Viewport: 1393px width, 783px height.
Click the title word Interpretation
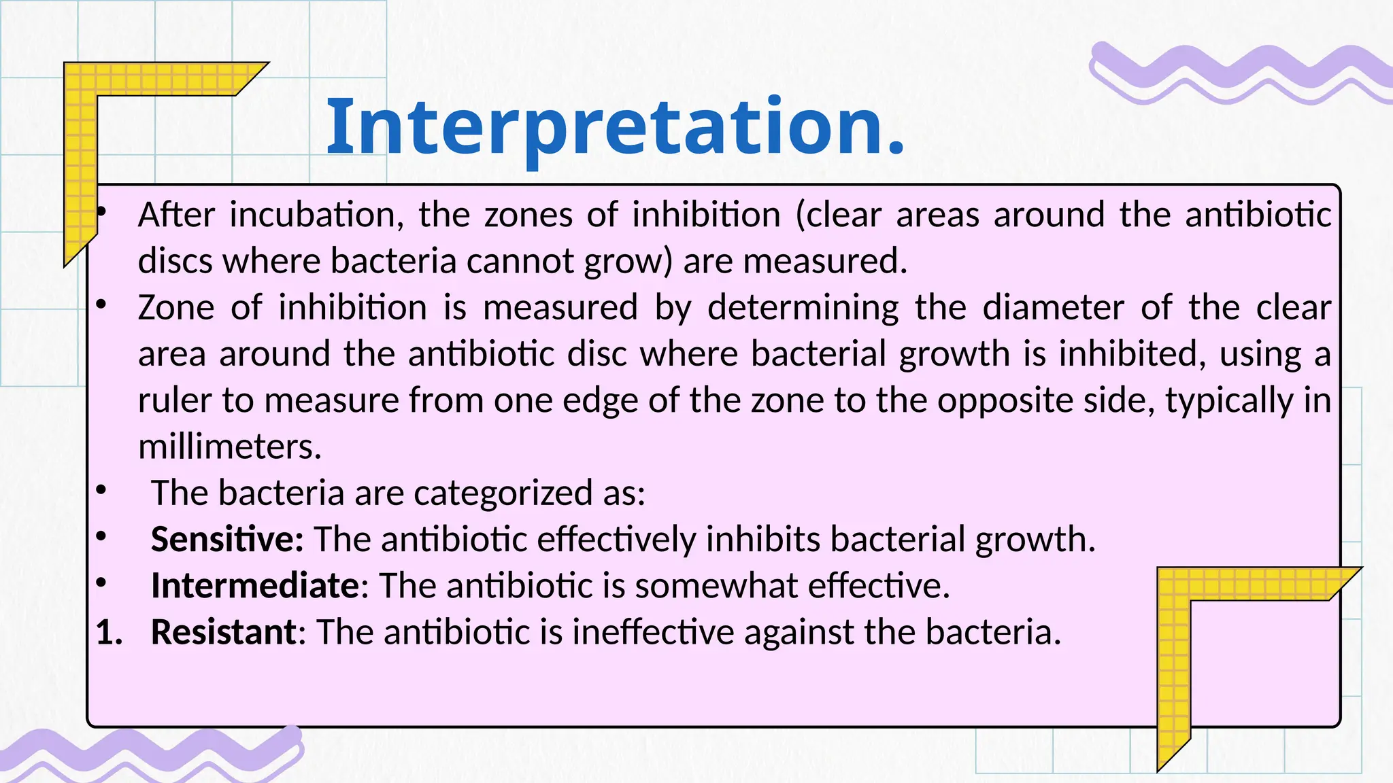point(616,127)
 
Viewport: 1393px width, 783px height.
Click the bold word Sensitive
point(226,539)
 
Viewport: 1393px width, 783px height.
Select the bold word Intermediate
point(255,585)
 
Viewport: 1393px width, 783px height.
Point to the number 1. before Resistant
point(109,632)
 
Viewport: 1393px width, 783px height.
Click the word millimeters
point(229,447)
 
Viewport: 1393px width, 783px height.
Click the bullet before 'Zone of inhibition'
point(101,305)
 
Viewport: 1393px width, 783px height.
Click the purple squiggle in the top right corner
point(1238,71)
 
